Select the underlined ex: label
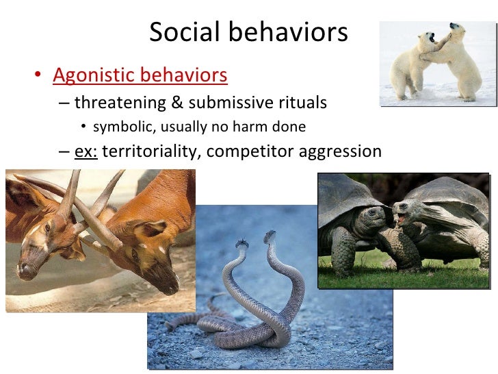86,151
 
